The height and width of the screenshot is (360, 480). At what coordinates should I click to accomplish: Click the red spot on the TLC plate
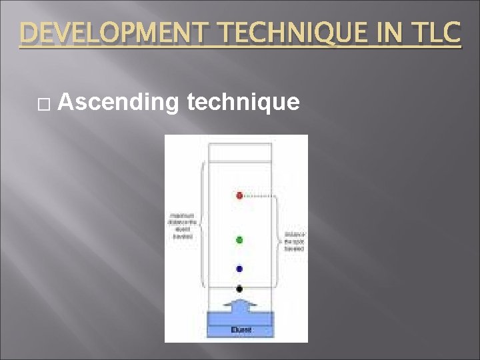click(239, 195)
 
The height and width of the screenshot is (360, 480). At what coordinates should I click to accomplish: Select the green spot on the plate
click(239, 239)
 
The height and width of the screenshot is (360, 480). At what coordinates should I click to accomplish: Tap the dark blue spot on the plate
click(239, 269)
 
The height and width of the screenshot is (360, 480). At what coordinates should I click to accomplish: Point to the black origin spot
click(239, 289)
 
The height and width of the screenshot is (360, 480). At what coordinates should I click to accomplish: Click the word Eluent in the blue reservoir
click(240, 329)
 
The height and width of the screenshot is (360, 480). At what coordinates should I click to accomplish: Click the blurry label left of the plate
click(181, 226)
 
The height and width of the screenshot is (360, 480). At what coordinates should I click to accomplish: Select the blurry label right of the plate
click(294, 241)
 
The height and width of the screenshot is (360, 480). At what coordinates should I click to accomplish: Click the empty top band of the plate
click(240, 151)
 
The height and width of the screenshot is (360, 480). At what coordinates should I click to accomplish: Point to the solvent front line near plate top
click(240, 162)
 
